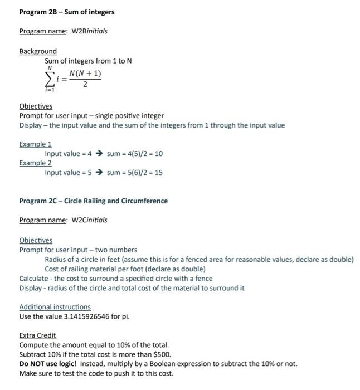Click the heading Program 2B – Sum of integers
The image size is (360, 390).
(x=66, y=12)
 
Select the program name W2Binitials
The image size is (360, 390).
(x=88, y=31)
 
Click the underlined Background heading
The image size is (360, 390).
(x=38, y=51)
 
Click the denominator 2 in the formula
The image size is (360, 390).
(x=85, y=85)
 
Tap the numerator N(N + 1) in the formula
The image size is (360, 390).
(x=85, y=74)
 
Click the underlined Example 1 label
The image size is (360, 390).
(x=35, y=144)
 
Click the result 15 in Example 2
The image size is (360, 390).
(x=158, y=173)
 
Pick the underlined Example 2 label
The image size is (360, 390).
(x=35, y=163)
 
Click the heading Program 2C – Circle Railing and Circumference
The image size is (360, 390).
(x=93, y=201)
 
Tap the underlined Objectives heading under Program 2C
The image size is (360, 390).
(x=36, y=240)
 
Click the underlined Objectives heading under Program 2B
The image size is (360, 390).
(x=36, y=106)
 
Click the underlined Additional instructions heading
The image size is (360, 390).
(x=55, y=307)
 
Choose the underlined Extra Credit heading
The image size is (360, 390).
(x=37, y=335)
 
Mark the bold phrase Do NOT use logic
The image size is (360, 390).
(x=48, y=364)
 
